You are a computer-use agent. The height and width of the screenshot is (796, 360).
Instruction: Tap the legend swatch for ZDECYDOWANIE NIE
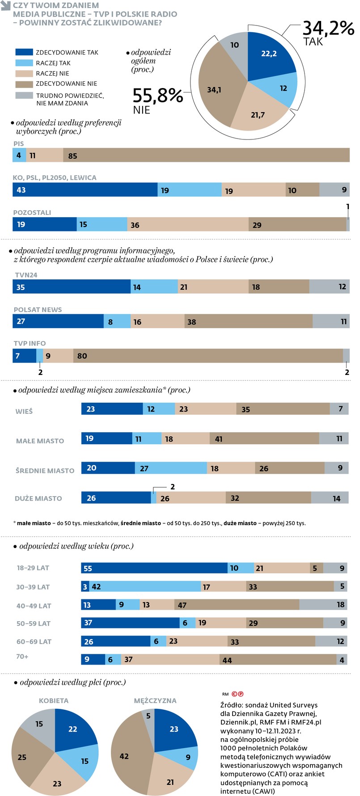pos(24,84)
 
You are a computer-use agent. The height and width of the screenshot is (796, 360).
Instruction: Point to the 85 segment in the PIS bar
pos(206,156)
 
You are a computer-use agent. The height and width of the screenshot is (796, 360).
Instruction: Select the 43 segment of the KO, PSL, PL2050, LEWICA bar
pos(85,190)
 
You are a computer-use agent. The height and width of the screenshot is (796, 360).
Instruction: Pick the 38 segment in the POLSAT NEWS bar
pos(248,321)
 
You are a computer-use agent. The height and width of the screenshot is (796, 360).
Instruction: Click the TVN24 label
pos(26,275)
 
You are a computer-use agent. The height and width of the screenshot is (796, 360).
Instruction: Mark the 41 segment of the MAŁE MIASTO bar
pos(264,438)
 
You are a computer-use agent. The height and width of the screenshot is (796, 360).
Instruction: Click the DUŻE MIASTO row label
pos(38,498)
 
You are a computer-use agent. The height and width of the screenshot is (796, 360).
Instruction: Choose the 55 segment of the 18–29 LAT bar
pos(154,568)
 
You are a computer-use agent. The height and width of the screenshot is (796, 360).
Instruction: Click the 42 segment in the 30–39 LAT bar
pos(145,586)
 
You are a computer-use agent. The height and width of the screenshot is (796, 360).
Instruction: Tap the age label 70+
pos(22,657)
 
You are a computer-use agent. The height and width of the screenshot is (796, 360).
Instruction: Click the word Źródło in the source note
pos(232,705)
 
